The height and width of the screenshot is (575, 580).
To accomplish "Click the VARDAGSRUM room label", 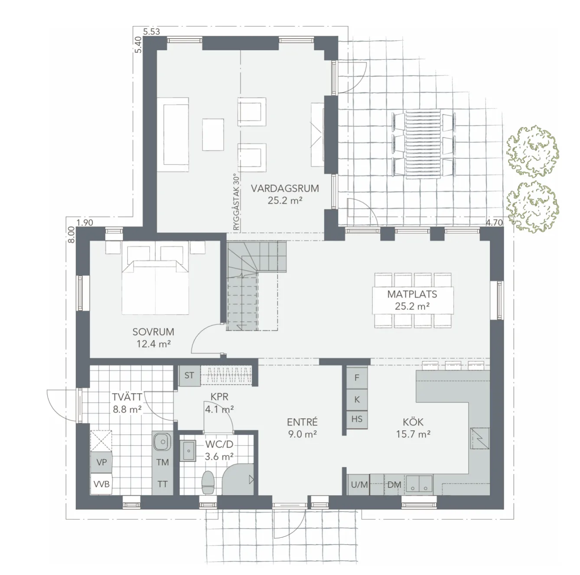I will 285,189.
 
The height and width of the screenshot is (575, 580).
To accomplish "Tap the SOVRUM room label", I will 153,332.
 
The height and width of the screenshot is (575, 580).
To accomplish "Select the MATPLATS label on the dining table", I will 412,294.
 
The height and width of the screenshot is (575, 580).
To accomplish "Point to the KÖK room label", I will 413,422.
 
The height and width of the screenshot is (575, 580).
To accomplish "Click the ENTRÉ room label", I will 303,422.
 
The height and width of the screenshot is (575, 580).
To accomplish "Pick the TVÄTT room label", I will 126,397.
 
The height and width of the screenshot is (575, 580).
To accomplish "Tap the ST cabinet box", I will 189,376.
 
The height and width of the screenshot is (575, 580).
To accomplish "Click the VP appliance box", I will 101,462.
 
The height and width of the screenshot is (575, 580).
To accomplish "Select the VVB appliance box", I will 101,484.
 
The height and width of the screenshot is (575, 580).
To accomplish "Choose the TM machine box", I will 163,463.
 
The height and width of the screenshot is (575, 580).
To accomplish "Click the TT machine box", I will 163,484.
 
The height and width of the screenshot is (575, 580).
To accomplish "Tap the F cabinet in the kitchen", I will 357,378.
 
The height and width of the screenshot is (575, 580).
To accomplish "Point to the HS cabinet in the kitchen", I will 357,419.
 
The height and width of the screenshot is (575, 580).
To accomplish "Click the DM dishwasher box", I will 394,485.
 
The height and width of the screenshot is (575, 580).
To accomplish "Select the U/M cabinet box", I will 359,485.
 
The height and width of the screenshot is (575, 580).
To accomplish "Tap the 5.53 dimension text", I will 151,32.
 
